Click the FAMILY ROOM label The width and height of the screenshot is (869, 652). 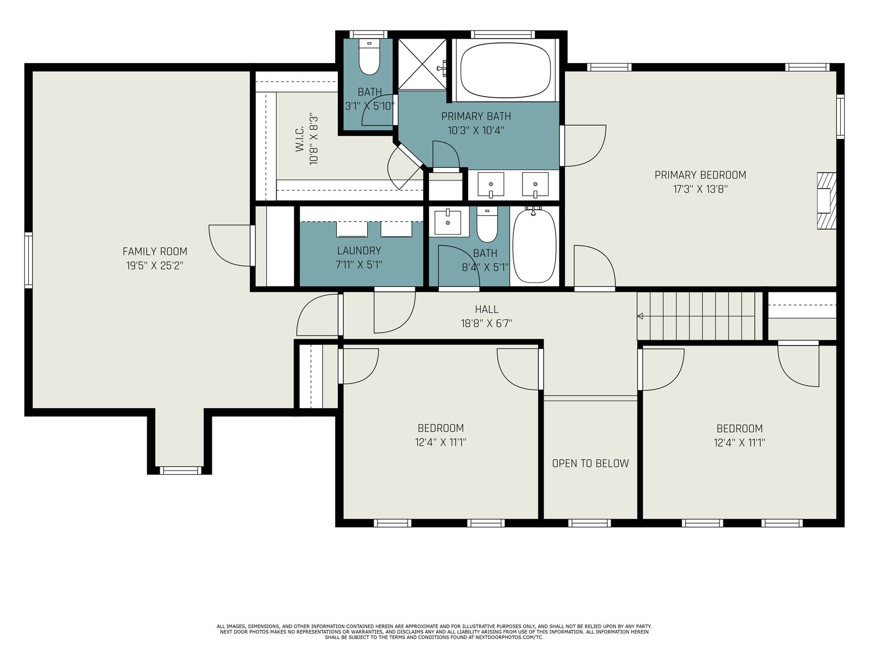point(155,252)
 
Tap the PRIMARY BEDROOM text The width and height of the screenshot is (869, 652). point(700,175)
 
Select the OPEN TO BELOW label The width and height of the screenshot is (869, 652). point(590,463)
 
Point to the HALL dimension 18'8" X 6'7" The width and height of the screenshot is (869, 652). point(487,323)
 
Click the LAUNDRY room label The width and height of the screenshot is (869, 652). point(359,250)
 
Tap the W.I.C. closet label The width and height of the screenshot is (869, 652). point(300,139)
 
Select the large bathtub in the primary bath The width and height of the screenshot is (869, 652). point(506,71)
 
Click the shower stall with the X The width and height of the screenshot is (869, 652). point(423,64)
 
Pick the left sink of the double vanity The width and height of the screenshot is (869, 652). point(491,185)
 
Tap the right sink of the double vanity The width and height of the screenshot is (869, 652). point(536,185)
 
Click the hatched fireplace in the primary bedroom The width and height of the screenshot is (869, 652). point(827,200)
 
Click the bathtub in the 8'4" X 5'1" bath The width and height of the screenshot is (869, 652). point(534,246)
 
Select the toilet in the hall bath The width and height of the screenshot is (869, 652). point(487,225)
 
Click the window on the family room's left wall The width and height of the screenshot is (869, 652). point(28,260)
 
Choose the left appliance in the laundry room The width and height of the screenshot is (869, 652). point(352,229)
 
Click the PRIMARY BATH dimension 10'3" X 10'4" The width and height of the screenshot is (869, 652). point(476,130)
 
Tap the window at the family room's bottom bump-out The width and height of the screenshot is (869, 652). point(180,471)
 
